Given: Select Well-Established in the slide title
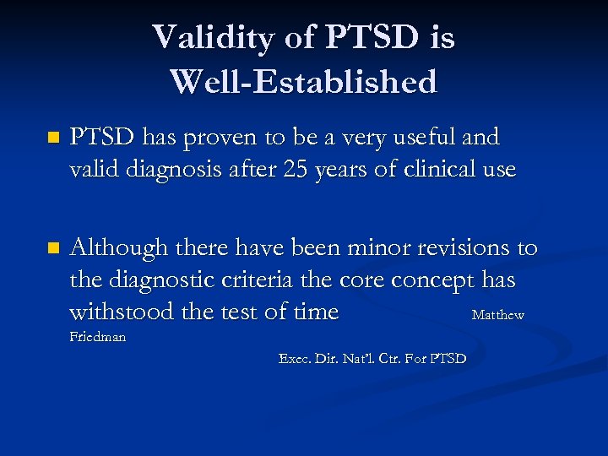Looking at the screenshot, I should point(303,82).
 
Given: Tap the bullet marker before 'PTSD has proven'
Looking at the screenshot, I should point(54,137).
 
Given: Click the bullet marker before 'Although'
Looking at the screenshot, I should point(54,248).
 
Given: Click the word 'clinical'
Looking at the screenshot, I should point(438,169).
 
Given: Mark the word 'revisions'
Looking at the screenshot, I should point(459,247).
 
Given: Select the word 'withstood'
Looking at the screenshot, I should point(119,312).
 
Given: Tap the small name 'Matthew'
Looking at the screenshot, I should point(497,315).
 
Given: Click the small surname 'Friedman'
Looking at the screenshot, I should point(97,336).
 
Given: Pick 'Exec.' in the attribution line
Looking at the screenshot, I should point(295,359).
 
